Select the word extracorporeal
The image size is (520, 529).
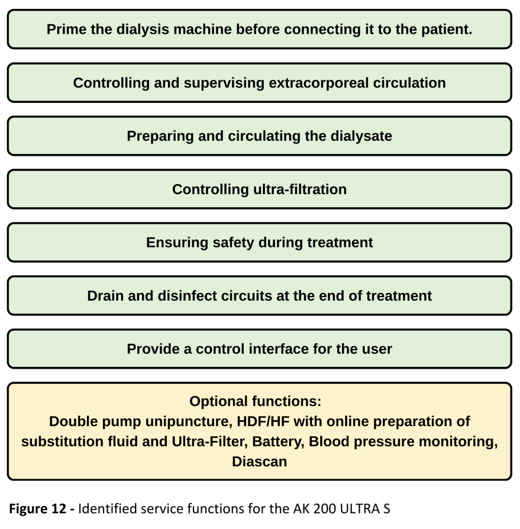tap(319, 83)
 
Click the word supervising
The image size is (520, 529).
tap(224, 83)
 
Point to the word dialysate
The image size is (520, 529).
tap(361, 136)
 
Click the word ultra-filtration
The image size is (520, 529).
tap(300, 189)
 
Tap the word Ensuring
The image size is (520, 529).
tap(177, 243)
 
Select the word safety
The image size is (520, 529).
tap(233, 243)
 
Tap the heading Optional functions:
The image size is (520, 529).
tap(256, 401)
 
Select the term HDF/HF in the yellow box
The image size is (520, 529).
tap(263, 421)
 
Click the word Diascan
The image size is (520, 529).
tap(259, 462)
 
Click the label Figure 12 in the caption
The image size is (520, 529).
tap(37, 508)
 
